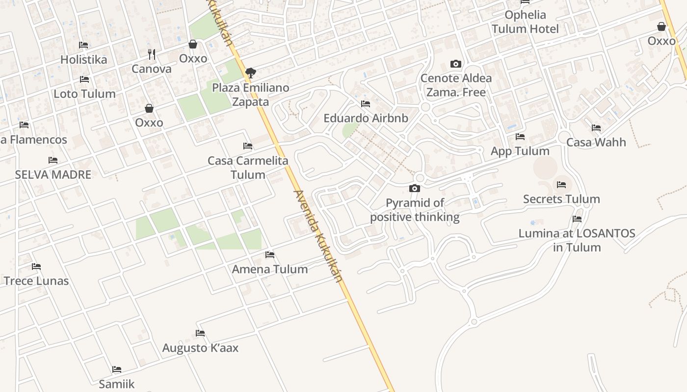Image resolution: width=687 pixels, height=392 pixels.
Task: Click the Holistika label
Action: click(83, 60)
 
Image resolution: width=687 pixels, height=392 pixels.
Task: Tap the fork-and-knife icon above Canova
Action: click(152, 54)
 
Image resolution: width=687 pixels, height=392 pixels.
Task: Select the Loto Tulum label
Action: click(84, 94)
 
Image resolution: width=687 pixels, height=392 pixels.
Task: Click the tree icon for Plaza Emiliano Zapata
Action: click(250, 73)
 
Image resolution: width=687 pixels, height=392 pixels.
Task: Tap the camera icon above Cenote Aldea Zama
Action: click(456, 64)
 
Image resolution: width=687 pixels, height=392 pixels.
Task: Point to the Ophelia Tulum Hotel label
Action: click(525, 22)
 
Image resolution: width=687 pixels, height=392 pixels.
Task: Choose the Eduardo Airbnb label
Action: click(366, 118)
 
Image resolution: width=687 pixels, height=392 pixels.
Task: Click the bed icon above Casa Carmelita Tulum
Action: click(248, 146)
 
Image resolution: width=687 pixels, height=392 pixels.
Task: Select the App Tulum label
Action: click(520, 151)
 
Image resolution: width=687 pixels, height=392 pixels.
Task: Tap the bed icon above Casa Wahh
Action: click(596, 128)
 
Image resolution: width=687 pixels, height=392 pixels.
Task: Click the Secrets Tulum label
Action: click(561, 199)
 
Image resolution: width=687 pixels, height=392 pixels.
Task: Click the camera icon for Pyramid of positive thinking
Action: click(415, 189)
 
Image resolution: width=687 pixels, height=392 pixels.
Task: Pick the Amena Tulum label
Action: click(270, 269)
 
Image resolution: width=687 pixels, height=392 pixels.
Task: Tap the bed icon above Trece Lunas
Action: click(36, 267)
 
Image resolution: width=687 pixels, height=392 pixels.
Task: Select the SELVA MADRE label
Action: click(53, 175)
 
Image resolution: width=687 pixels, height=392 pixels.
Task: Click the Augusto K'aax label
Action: click(200, 348)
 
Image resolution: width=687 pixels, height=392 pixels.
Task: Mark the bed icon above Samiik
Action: click(116, 369)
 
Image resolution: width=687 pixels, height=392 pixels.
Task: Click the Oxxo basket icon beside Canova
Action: click(193, 45)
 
